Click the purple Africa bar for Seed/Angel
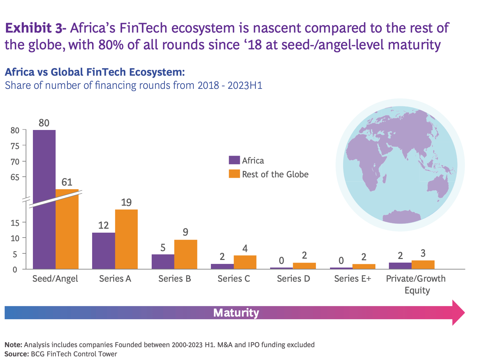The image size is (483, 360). (x=44, y=197)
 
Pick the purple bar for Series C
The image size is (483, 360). (x=222, y=267)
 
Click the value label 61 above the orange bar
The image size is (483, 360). (x=67, y=182)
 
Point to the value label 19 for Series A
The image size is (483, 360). (x=126, y=202)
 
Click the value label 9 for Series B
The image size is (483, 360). (x=186, y=232)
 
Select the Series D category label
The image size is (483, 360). (x=293, y=279)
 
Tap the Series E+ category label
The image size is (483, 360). (x=352, y=279)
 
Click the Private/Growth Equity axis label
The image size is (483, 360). (x=416, y=284)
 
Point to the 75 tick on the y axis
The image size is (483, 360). (x=15, y=146)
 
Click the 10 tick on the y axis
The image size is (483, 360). (x=15, y=238)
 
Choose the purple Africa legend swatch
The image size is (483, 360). (x=234, y=160)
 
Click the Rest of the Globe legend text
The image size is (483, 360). (x=275, y=174)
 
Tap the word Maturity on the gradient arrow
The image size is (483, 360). (x=236, y=313)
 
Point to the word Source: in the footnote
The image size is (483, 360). (x=16, y=354)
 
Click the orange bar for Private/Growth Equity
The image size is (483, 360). (x=423, y=265)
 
